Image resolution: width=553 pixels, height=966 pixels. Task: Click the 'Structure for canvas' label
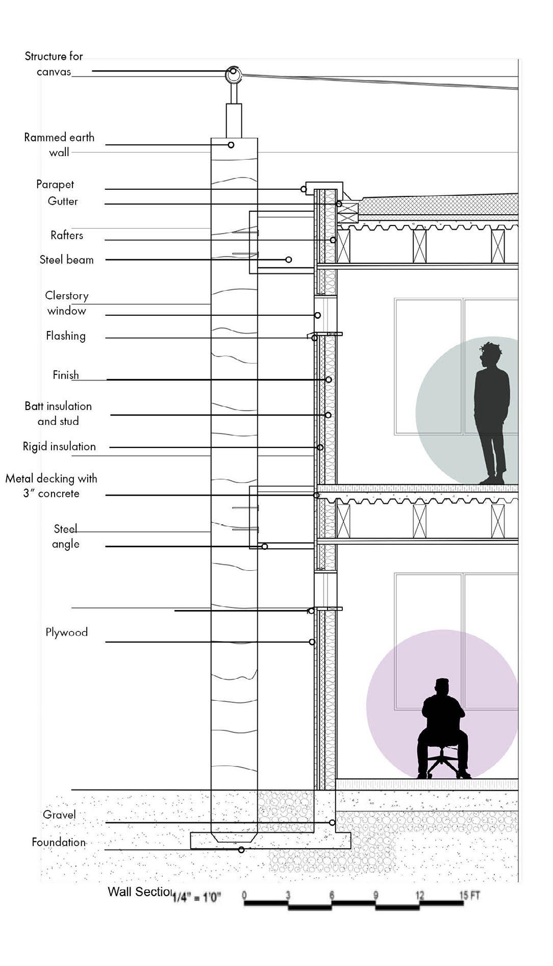coord(54,63)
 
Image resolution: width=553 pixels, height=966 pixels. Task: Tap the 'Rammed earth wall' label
coord(59,144)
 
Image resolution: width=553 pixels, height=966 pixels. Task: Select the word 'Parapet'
coord(55,184)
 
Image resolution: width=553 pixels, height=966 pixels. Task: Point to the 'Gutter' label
coord(63,201)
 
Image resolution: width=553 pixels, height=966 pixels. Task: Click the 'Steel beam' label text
coord(67,260)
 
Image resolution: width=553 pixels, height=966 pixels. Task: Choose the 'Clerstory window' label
coord(67,303)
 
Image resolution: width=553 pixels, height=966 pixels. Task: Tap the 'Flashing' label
coord(66,336)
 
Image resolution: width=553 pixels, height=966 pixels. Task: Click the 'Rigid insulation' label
coord(59,446)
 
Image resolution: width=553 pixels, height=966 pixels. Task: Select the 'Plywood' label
coord(67,632)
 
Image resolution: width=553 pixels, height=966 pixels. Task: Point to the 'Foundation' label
coord(59,842)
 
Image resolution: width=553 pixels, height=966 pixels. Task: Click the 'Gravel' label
coord(59,815)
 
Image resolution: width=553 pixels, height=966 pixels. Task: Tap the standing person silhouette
coord(492,413)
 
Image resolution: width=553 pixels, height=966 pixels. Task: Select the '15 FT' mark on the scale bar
coord(470,895)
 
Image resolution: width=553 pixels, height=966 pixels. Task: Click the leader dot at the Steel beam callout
coord(289,260)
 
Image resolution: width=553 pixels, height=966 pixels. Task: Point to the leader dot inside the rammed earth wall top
coord(231,145)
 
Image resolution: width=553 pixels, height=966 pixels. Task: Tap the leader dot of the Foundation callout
coord(241,850)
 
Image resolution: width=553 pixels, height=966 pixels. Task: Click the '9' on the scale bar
coord(375,896)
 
